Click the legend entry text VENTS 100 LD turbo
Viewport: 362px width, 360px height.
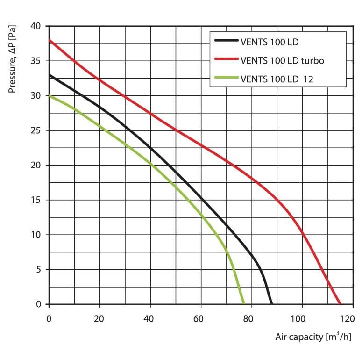coord(282,60)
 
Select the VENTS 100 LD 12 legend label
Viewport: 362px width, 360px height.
coord(277,79)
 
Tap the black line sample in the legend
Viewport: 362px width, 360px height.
coord(226,40)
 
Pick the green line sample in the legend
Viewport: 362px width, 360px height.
coord(226,78)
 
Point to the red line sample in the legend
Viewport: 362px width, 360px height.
coord(226,59)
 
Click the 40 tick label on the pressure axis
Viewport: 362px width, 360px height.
coord(35,26)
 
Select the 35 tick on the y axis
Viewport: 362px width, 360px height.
coord(35,61)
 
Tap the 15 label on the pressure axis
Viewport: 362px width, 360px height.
coord(36,200)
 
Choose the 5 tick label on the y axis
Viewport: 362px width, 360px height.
coord(38,269)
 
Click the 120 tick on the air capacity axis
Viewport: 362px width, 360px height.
coord(347,319)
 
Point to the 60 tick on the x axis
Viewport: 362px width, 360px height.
coord(199,319)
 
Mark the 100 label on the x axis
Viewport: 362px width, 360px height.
coord(298,319)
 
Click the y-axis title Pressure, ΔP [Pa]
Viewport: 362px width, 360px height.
coord(12,59)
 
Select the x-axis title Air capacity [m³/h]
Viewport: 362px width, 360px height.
coord(313,337)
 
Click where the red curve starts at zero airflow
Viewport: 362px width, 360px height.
coord(50,40)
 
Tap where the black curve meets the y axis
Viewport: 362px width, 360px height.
coord(50,75)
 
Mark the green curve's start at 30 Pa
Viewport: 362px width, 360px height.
coord(50,96)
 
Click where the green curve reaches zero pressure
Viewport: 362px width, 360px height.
coord(244,304)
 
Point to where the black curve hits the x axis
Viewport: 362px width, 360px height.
coord(271,304)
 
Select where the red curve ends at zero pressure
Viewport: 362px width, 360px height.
coord(340,304)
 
